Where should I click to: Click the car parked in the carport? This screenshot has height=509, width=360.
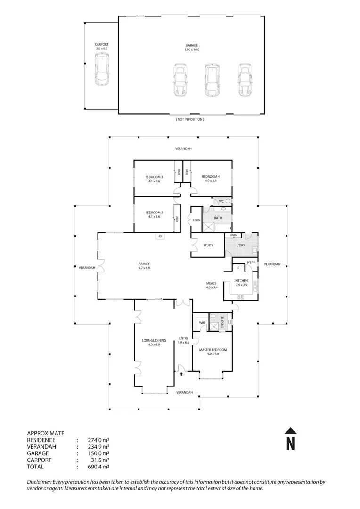(x=102, y=69)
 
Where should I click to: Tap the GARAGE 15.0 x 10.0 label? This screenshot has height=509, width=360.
(x=191, y=48)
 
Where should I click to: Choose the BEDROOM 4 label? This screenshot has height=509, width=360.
(x=211, y=178)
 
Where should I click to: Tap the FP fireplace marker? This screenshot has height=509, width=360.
(x=160, y=236)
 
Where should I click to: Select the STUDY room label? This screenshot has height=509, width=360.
(x=208, y=245)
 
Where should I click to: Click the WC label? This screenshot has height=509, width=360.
(x=221, y=201)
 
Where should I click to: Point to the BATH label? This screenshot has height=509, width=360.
(x=218, y=218)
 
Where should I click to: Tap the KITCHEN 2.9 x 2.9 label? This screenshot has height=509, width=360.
(x=241, y=282)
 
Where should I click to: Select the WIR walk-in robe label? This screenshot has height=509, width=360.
(x=202, y=323)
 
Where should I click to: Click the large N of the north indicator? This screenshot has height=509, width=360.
(x=291, y=443)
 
